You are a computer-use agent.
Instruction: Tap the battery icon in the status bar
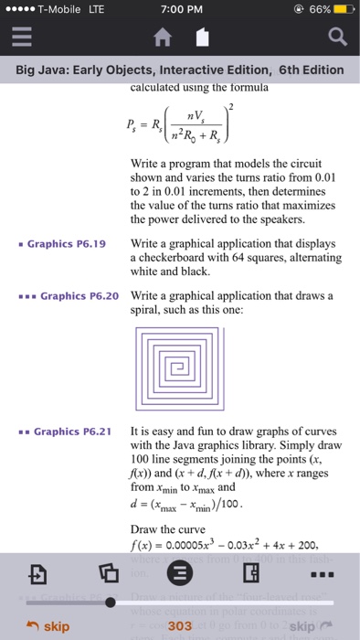(x=343, y=10)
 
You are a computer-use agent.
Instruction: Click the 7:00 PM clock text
(x=181, y=10)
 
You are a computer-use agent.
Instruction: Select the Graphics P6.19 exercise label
(x=67, y=244)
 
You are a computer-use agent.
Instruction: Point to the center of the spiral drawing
(x=181, y=366)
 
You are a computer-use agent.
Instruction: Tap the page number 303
(x=180, y=625)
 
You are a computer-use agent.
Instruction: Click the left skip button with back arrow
(x=48, y=626)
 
